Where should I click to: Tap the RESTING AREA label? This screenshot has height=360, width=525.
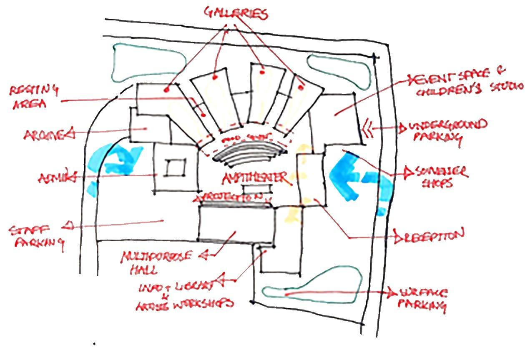point(35,97)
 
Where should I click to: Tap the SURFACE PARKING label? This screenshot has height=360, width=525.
point(421,299)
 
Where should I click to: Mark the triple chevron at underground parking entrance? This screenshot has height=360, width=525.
point(367,128)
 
